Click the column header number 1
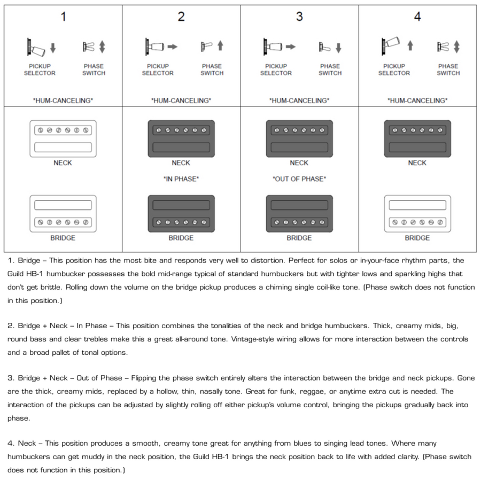(63, 17)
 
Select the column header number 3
(299, 17)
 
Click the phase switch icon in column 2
(206, 47)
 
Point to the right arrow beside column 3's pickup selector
(290, 47)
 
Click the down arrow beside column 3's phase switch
(338, 48)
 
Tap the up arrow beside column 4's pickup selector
(410, 46)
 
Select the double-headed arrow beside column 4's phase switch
(456, 47)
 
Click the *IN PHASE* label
(181, 179)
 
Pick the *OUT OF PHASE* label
(299, 179)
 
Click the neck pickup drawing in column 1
(63, 138)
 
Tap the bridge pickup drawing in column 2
(181, 213)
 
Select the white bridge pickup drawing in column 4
(417, 213)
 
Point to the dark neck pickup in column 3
(299, 138)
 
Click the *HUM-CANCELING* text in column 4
(417, 100)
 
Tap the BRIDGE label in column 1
(63, 238)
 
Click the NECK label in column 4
(417, 163)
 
